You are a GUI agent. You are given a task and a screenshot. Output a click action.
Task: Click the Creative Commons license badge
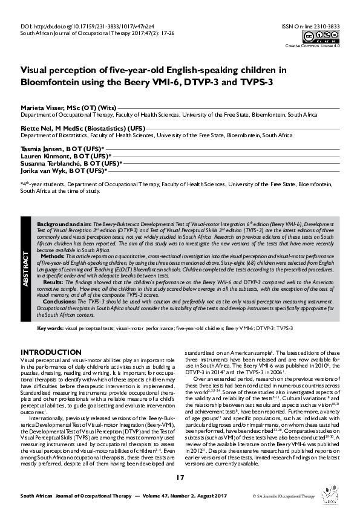click(x=324, y=37)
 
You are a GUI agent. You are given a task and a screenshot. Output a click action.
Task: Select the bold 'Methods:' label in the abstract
click(x=54, y=256)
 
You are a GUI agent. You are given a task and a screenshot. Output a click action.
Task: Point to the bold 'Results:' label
click(x=54, y=282)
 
